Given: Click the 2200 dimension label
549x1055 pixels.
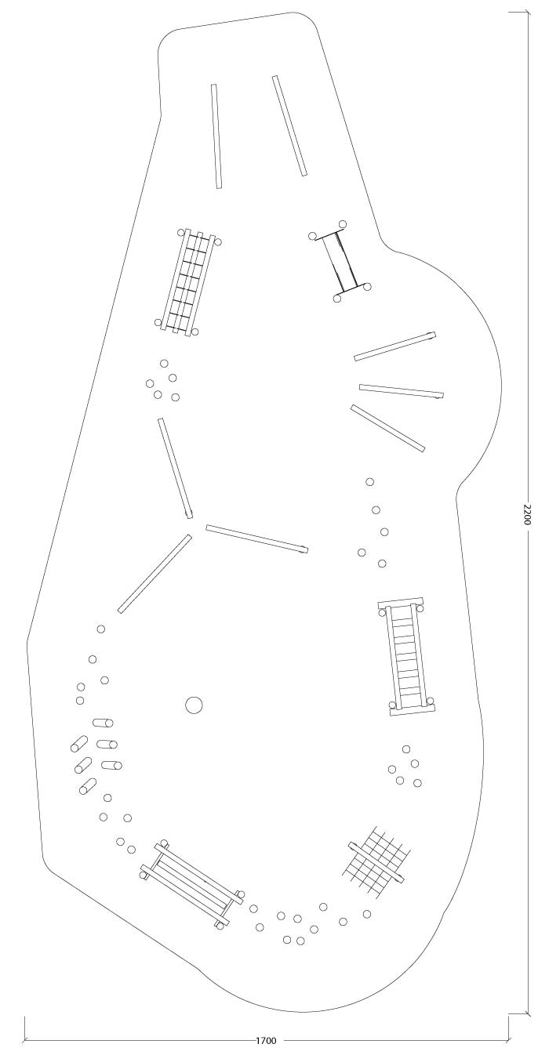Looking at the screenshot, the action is pos(527,515).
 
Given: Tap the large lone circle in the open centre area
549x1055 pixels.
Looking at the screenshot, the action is pos(194,705).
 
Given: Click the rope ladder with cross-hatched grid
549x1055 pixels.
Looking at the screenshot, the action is pos(187,282).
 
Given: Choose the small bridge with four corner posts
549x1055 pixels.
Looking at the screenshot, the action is pos(340,261).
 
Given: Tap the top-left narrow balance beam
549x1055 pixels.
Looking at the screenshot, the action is pos(216,136).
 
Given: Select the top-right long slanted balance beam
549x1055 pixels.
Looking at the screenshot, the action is pos(289,125).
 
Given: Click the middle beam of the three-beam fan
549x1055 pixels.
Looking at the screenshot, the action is pos(402,391).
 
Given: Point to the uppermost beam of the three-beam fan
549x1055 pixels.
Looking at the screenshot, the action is pos(395,346).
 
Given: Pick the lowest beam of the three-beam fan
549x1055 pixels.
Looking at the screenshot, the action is pos(387,428).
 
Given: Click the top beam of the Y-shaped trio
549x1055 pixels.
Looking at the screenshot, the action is pos(176,468).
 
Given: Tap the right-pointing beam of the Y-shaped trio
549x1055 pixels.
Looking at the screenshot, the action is pos(256,538).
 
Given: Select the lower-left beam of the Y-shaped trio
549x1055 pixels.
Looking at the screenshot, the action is pos(155,573).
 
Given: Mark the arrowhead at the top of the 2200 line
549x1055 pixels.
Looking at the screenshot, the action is pos(527,14).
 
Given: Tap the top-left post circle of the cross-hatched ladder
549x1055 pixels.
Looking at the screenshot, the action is pos(181,232).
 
